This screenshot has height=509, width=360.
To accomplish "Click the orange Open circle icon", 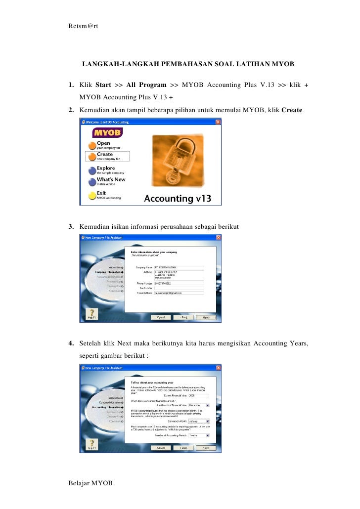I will coord(92,145).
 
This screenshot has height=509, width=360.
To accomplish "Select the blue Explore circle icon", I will coord(92,170).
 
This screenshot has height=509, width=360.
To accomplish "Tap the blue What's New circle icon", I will coord(92,181).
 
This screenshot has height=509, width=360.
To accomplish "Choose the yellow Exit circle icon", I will coord(92,195).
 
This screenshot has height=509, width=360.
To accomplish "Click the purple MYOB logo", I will coord(107,133).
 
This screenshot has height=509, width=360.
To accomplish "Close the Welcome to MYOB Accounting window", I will coord(218,122).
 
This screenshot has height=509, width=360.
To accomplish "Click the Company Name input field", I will coord(179,267).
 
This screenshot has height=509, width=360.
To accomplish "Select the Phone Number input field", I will coord(179,283).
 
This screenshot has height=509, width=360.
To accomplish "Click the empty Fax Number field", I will coord(179,288).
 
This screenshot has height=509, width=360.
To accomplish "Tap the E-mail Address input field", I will coord(179,293).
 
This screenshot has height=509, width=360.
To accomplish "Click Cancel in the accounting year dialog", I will coord(161,447).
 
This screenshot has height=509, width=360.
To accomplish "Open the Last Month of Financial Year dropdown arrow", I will coord(207,405).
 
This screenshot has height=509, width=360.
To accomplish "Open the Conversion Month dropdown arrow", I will coord(207,421).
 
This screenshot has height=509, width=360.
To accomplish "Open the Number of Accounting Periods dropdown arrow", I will coord(207,435).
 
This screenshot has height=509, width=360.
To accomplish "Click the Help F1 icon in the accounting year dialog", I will coord(91,445).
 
